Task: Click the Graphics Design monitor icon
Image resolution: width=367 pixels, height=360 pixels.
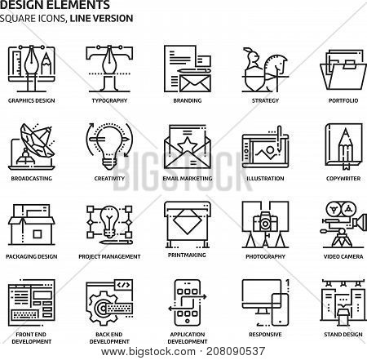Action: point(32,69)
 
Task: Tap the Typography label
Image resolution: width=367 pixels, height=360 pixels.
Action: point(109,100)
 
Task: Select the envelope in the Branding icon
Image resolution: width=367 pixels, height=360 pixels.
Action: point(195,83)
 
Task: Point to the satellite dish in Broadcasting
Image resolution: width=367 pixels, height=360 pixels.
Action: point(37,140)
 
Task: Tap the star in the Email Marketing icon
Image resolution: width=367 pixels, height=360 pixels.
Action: point(187,145)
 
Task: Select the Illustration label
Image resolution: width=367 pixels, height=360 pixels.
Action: point(265,179)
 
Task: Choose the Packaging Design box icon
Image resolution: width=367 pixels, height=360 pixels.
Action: point(32,224)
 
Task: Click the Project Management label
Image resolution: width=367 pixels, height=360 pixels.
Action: point(109,256)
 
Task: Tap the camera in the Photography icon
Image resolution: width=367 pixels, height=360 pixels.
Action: point(265,222)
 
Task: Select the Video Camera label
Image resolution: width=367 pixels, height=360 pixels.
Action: point(343,256)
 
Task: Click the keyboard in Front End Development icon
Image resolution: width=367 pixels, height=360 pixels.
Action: point(24,315)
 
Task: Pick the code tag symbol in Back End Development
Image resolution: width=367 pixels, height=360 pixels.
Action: point(123,285)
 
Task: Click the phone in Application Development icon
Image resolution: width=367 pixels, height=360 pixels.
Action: point(188,303)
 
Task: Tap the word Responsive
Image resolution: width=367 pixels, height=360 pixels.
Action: point(265,335)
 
